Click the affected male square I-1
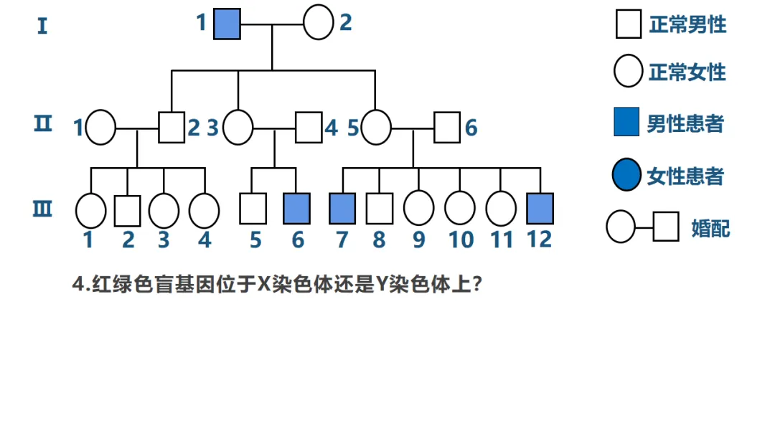click(227, 24)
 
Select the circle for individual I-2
click(319, 22)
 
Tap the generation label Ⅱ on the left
click(43, 123)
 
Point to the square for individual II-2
click(172, 128)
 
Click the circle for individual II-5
click(376, 128)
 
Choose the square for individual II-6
click(447, 128)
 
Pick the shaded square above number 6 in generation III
click(296, 209)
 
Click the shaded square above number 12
click(540, 209)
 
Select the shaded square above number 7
click(342, 209)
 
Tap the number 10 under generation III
click(461, 240)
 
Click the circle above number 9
click(418, 209)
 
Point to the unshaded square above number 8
click(380, 209)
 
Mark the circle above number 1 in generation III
click(91, 211)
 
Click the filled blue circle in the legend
click(626, 175)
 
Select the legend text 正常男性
click(688, 24)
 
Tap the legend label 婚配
click(710, 229)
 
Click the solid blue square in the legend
click(626, 121)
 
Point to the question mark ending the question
click(477, 284)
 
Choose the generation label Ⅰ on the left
click(42, 26)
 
